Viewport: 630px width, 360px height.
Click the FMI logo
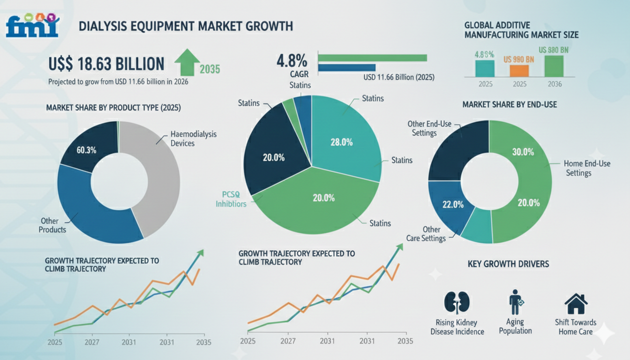[32, 25]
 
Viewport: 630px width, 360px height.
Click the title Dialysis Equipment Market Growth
[186, 26]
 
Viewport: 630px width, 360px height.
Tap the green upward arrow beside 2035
[187, 62]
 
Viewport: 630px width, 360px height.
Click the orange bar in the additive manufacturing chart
[519, 71]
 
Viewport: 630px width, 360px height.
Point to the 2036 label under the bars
[555, 84]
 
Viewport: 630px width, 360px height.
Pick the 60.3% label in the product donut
[86, 150]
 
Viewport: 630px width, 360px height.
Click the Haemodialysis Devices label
[194, 138]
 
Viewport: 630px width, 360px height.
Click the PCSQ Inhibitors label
[231, 199]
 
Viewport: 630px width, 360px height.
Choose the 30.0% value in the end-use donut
[523, 152]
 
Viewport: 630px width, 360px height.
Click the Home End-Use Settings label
[587, 168]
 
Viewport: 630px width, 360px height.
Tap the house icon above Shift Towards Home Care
[576, 304]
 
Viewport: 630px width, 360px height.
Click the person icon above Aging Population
[516, 302]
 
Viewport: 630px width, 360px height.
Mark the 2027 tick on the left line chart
[92, 342]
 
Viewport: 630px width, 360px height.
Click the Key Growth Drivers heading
[508, 264]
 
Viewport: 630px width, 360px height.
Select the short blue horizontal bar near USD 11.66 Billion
[347, 68]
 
